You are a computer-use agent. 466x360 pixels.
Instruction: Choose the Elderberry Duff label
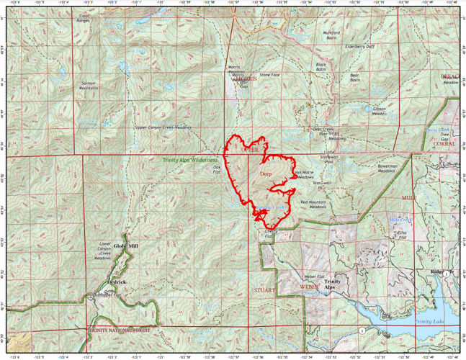pyautogui.click(x=360, y=46)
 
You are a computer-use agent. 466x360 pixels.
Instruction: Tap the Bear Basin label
pyautogui.click(x=354, y=77)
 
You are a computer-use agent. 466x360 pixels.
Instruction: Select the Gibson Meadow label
pyautogui.click(x=379, y=112)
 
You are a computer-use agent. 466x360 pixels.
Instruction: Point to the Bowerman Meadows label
pyautogui.click(x=387, y=170)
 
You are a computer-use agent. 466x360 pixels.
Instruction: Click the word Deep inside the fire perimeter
pyautogui.click(x=265, y=174)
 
